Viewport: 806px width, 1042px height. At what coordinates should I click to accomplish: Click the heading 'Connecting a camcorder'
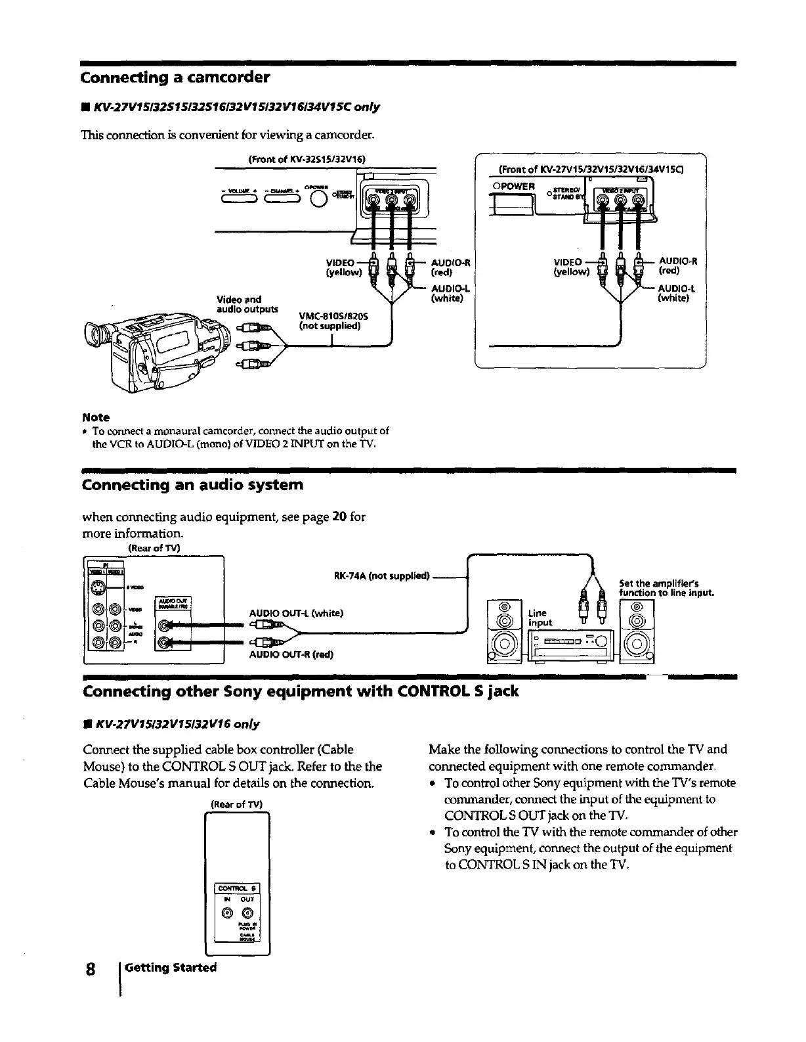(x=175, y=78)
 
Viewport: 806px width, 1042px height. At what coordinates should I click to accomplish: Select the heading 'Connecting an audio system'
(x=192, y=486)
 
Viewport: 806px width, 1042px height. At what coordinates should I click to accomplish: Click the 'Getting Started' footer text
(x=171, y=968)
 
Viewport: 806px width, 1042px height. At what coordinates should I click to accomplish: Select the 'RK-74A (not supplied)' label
(x=381, y=577)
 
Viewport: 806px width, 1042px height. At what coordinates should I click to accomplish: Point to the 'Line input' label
(x=540, y=618)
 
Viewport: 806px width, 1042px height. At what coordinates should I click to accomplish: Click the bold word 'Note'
(x=96, y=418)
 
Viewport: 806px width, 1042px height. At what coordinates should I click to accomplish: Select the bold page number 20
(x=339, y=517)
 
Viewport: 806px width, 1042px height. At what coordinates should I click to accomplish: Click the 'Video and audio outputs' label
(x=247, y=304)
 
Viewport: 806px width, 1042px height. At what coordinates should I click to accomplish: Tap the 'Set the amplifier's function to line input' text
(x=666, y=588)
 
